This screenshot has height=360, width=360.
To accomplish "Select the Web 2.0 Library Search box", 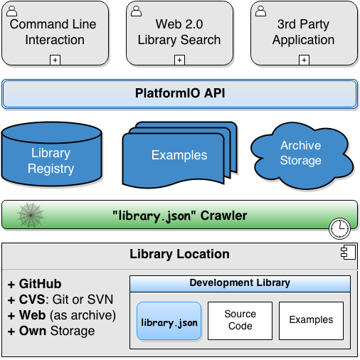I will pos(179,32).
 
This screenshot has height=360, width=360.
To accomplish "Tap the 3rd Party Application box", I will pos(304,32).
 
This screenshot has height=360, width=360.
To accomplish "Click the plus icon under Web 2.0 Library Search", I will pos(179,60).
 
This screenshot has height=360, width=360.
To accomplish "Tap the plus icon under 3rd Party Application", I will pos(304,60).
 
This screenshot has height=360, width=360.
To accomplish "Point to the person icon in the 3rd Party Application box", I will pos(261,11).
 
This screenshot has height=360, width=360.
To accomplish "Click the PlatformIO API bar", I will pos(179,94).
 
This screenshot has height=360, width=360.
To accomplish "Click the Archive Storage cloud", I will pos(300,152).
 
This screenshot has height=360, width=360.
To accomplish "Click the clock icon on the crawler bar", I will pos(339,228).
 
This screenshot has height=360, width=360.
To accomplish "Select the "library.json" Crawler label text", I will pos(179,216).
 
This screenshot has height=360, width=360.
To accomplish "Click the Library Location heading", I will pos(179,254).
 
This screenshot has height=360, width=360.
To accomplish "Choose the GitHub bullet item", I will pos(35,283).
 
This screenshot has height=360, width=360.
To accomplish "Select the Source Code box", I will pos(240,320).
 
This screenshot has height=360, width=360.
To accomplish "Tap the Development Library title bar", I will pos(240,283).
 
